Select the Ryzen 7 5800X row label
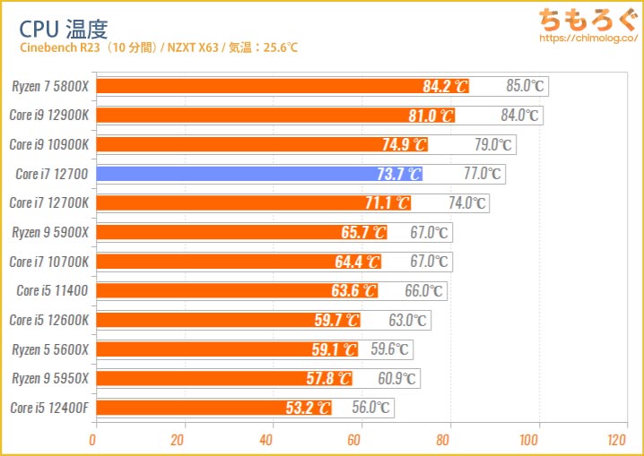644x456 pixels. coord(50,87)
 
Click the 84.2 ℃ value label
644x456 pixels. coord(446,87)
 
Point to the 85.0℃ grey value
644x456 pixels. coord(525,87)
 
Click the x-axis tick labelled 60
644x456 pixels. coord(354,440)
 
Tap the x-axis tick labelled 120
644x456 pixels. coord(616,440)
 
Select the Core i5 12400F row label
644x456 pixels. coord(50,408)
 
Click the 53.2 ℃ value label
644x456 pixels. coord(308,409)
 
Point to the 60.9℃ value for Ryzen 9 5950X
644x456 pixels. coord(396,379)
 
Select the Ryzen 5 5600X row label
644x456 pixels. coord(50,349)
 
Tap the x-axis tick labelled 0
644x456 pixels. coord(92,440)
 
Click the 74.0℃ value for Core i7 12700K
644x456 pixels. coord(466,203)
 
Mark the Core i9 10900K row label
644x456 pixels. coord(50,144)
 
